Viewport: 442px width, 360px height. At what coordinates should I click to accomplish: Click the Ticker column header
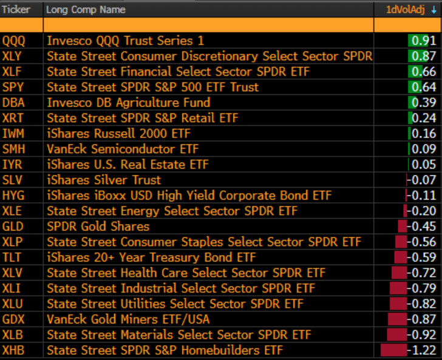coord(16,10)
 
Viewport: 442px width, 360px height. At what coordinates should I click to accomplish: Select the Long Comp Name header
coord(86,10)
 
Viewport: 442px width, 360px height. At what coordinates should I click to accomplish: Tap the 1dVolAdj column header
coord(406,10)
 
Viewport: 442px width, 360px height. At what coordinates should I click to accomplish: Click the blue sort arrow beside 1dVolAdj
coord(434,10)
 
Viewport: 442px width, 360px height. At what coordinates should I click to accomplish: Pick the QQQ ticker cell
coord(13,41)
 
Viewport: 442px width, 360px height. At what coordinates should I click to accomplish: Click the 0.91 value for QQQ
coord(424,41)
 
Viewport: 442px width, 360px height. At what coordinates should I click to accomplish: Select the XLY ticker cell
coord(12,56)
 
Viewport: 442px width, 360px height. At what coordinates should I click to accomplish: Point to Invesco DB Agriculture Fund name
coord(129,103)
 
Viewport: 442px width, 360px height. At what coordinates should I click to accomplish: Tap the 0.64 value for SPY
coord(424,87)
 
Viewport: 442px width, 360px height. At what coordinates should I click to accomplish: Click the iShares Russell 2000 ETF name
coord(118,134)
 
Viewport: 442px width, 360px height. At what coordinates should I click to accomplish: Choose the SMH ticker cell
coord(13,149)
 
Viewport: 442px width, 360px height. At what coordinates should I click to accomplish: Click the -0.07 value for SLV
coord(422,180)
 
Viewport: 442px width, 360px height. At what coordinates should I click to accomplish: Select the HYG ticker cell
coord(13,195)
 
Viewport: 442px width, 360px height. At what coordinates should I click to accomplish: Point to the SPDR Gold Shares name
coord(98,226)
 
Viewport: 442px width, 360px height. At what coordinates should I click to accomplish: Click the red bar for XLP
coord(401,242)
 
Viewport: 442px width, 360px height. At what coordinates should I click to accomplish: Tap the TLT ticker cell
coord(12,257)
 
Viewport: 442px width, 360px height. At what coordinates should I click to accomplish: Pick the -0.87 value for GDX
coord(422,319)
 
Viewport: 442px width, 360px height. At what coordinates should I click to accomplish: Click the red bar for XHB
coord(393,350)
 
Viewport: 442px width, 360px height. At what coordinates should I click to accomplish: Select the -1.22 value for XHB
coord(422,350)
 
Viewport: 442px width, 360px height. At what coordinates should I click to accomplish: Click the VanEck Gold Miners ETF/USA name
coord(128,319)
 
